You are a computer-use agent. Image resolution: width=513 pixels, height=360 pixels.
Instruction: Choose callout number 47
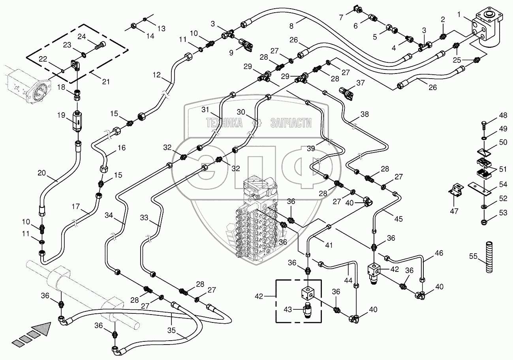click(x=454, y=211)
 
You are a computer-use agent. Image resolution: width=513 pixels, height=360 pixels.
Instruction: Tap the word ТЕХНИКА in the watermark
click(x=224, y=123)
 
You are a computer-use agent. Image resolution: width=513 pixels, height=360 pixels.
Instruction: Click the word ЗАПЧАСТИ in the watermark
click(x=291, y=123)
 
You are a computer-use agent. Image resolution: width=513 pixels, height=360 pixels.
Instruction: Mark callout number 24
click(x=82, y=37)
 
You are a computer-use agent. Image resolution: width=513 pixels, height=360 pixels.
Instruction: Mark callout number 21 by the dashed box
click(x=106, y=82)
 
